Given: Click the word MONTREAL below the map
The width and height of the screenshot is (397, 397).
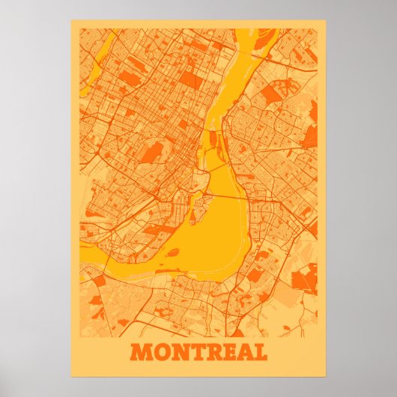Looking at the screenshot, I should [x=198, y=352].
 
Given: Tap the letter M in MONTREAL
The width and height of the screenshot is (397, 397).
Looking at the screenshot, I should [x=140, y=352].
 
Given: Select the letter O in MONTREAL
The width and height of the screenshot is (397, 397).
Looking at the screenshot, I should [x=159, y=352].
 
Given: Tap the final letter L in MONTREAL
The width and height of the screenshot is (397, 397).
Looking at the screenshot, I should [x=258, y=352].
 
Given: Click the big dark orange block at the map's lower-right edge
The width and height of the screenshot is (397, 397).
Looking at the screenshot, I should [x=304, y=281].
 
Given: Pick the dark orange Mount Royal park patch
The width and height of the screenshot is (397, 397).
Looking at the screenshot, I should [x=152, y=153].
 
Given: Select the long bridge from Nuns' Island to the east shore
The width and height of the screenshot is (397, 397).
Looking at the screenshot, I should [x=225, y=196].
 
